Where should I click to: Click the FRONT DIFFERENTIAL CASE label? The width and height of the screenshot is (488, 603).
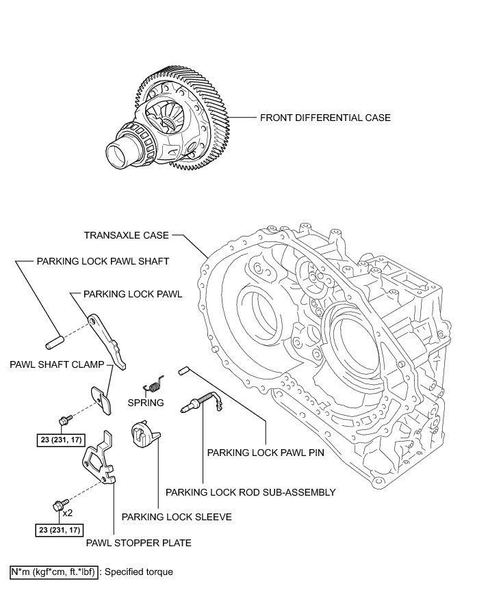tap(325, 118)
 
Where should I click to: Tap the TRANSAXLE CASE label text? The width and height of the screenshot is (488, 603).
tap(126, 235)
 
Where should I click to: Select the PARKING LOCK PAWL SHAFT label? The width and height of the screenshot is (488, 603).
tap(103, 261)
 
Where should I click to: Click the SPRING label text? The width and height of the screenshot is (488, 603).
tap(146, 403)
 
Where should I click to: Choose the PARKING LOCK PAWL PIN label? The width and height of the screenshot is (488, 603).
tap(266, 452)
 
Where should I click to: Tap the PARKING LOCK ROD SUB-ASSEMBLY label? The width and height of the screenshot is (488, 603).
tap(251, 492)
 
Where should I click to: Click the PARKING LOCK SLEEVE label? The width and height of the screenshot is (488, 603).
tap(176, 517)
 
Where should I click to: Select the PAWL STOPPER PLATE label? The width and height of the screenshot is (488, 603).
tap(138, 543)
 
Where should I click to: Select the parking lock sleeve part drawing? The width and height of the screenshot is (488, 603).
tap(144, 433)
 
